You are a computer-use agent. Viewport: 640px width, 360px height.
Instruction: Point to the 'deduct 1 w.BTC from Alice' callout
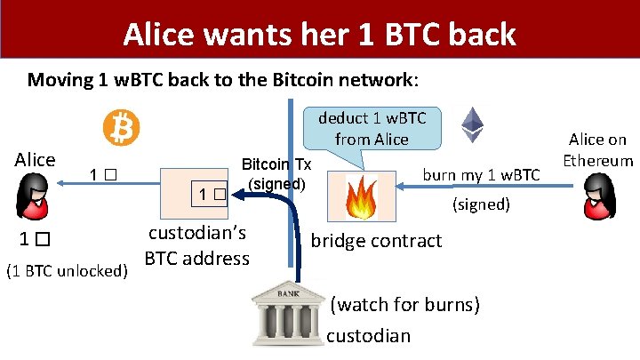click(372, 128)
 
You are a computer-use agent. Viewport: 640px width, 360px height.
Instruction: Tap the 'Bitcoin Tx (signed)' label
click(276, 174)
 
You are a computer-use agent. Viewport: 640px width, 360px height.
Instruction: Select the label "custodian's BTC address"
click(196, 246)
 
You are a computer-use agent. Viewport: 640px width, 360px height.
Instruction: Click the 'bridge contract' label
click(376, 241)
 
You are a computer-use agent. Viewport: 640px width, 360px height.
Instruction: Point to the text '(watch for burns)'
click(405, 305)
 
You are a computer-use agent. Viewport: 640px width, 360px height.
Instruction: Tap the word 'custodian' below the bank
click(369, 335)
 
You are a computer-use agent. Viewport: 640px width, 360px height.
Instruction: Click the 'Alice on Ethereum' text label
click(598, 149)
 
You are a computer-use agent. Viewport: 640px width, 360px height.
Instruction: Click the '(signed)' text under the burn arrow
click(481, 204)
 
